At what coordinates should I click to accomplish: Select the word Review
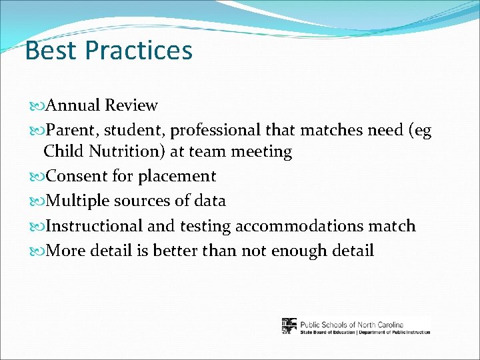click(x=131, y=105)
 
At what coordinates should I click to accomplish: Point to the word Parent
click(x=75, y=131)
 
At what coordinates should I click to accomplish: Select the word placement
click(x=177, y=176)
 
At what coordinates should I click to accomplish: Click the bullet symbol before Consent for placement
click(x=37, y=177)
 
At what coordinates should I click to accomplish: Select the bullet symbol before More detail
click(x=37, y=251)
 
